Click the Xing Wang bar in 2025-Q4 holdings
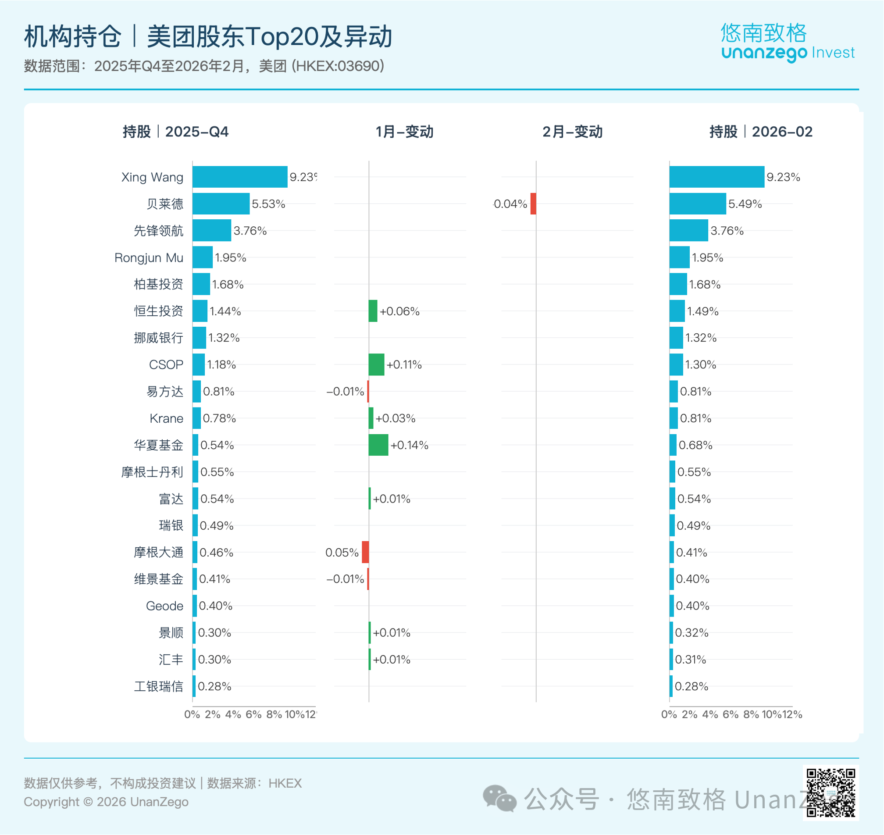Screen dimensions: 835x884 (239, 177)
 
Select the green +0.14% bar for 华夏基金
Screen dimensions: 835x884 (378, 445)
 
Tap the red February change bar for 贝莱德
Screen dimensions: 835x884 (533, 203)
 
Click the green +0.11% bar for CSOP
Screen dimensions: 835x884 (376, 364)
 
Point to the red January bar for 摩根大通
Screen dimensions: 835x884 (365, 552)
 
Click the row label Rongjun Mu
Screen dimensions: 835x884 (149, 258)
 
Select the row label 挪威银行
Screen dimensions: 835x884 (158, 338)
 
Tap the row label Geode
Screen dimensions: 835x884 (164, 606)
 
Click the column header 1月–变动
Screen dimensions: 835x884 (404, 132)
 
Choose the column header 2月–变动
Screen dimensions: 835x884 (572, 132)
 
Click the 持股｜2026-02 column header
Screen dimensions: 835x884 (761, 132)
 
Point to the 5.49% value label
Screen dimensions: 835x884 (745, 204)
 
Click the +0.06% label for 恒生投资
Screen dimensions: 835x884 (400, 311)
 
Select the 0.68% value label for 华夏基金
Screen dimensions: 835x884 (695, 445)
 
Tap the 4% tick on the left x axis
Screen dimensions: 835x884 (233, 714)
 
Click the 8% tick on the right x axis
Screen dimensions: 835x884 (751, 714)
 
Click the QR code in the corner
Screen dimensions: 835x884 (831, 792)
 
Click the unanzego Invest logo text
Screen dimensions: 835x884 (788, 53)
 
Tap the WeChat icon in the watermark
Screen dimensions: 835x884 (499, 799)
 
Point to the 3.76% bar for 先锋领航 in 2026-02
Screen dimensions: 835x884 (688, 231)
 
